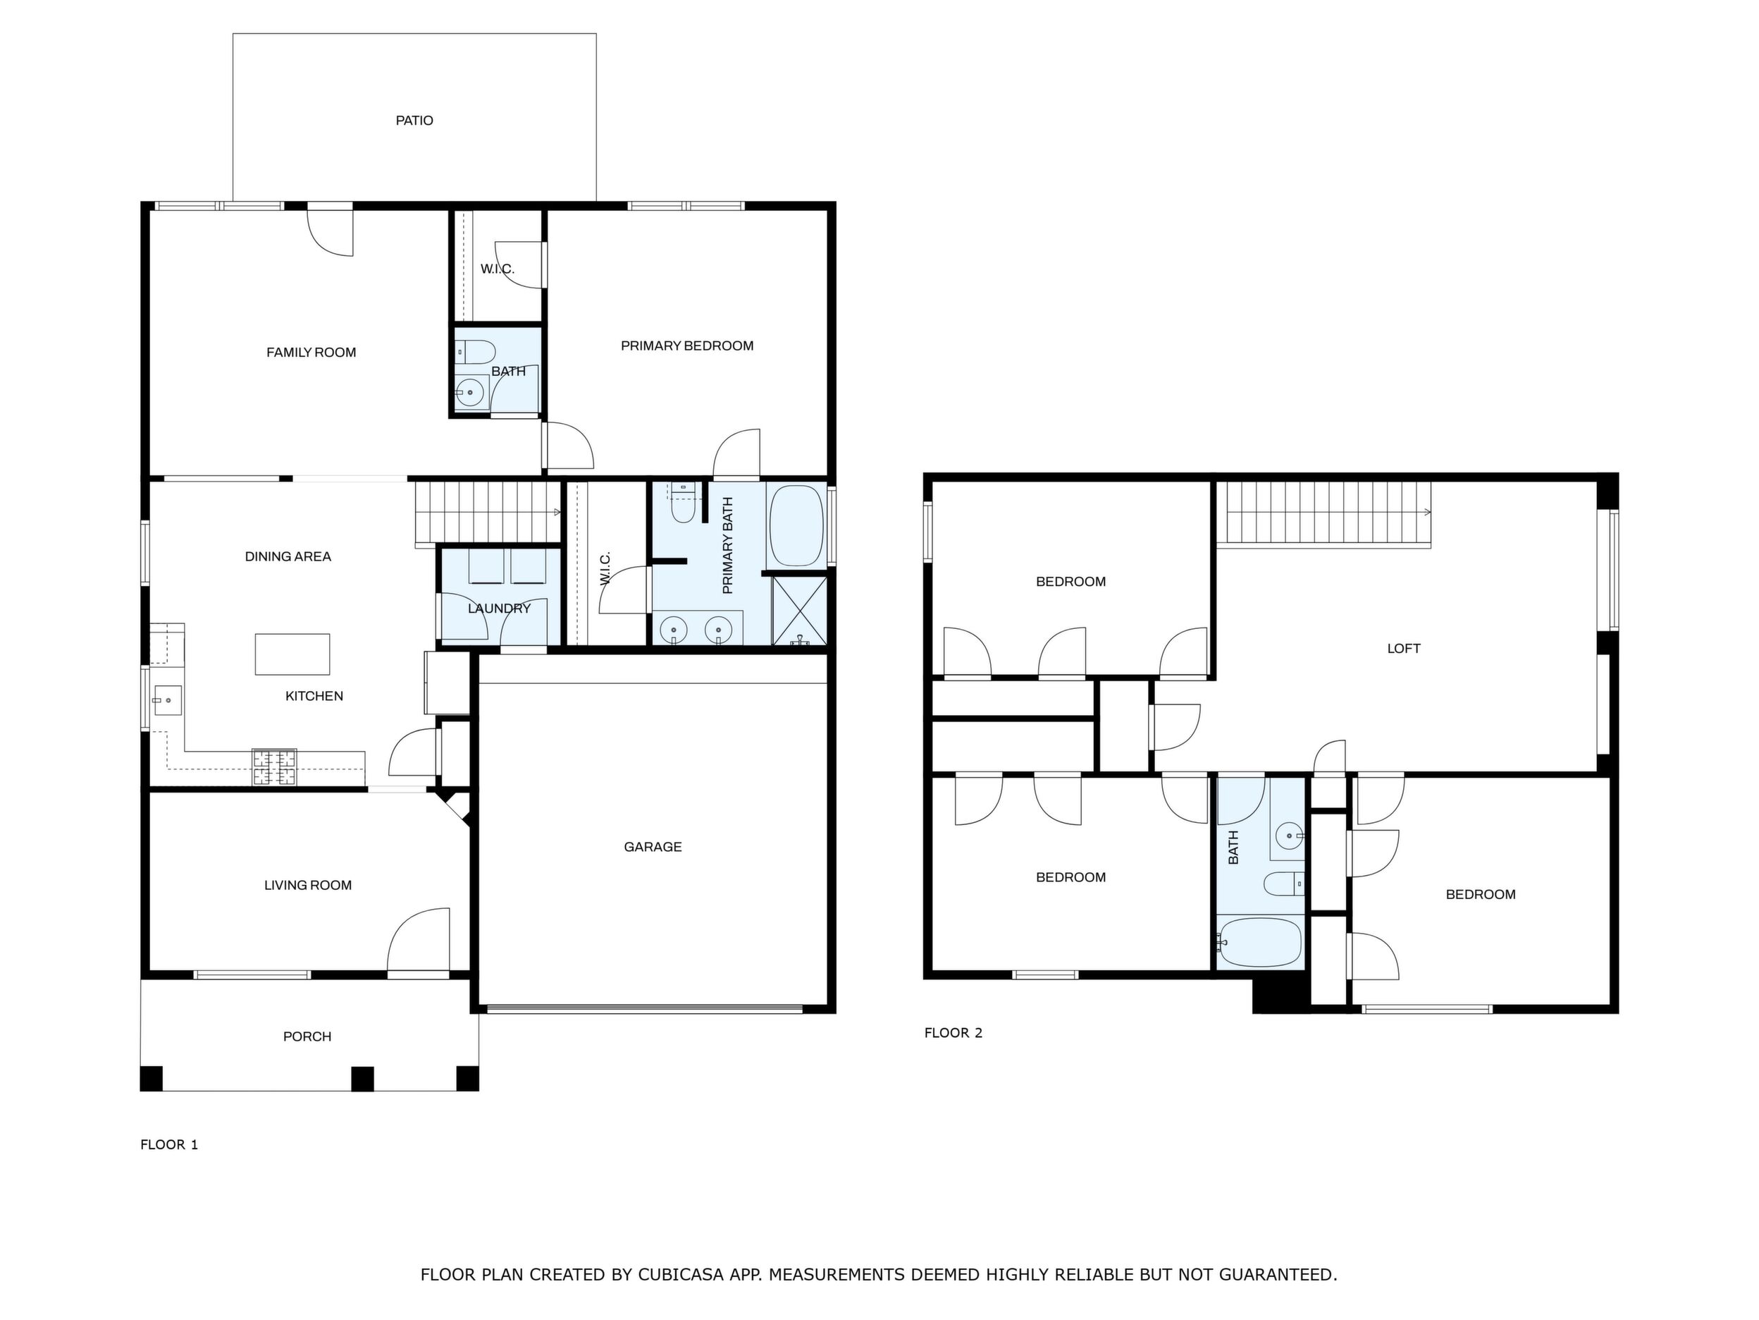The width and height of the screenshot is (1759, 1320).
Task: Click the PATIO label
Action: (414, 121)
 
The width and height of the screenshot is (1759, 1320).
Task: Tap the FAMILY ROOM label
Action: (311, 353)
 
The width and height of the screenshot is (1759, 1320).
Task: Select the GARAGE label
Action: (653, 847)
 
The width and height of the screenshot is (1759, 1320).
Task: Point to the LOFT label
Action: (1404, 649)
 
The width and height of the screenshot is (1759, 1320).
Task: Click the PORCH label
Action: (307, 1036)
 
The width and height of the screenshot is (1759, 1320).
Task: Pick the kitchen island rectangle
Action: (292, 654)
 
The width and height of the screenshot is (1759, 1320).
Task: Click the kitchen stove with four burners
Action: (274, 767)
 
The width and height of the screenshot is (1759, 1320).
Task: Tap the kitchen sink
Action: (168, 701)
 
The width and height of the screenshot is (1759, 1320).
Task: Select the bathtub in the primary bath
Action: (797, 526)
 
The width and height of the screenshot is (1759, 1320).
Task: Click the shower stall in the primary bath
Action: (799, 610)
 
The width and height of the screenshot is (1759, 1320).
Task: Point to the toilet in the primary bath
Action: (683, 503)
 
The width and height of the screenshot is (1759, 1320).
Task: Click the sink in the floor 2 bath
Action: (1289, 836)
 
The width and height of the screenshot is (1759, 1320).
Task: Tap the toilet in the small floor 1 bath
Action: (476, 352)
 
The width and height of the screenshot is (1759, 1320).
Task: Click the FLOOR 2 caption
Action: (953, 1033)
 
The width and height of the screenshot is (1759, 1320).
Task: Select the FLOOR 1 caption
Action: (169, 1144)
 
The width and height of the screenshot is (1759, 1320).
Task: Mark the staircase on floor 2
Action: (1328, 514)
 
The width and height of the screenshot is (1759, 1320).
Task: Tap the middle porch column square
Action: (363, 1079)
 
